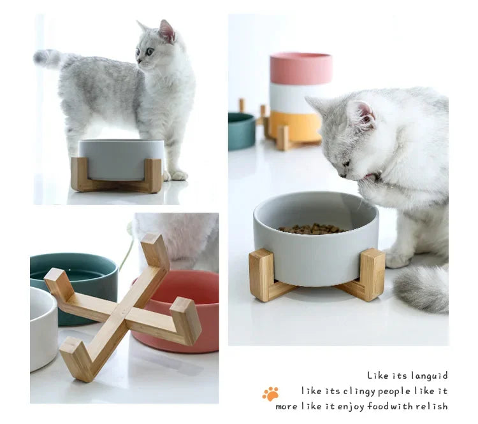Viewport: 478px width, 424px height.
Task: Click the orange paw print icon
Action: tap(270, 394)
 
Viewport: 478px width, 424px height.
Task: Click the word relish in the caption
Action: tap(432, 406)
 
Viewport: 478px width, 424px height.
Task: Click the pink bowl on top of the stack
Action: tap(301, 68)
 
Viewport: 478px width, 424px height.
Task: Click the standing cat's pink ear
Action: tap(168, 31)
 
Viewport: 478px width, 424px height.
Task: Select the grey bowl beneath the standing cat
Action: tap(121, 159)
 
